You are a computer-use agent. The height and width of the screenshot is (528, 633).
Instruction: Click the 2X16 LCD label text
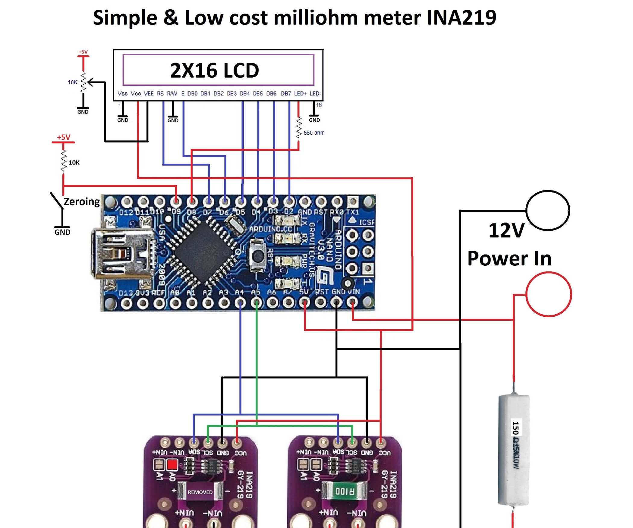215,70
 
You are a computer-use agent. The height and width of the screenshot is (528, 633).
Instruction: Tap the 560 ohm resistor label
314,133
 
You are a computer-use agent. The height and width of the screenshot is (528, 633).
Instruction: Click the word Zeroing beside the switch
82,201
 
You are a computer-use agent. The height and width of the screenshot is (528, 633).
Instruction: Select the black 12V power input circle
548,210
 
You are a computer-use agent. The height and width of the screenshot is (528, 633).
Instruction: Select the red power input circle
549,294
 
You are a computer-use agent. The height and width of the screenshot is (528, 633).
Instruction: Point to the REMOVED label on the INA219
200,492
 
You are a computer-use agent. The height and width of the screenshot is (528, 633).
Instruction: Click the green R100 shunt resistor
345,491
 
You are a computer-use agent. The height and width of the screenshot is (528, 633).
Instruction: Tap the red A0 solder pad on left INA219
172,464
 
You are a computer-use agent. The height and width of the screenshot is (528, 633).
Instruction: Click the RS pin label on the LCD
160,94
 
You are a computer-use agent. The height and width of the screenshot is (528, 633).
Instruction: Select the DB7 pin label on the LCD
286,94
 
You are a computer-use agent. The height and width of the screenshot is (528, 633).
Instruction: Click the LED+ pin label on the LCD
300,94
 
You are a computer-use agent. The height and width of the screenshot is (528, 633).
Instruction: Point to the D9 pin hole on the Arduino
176,201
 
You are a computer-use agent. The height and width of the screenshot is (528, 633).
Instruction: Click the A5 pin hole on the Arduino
256,302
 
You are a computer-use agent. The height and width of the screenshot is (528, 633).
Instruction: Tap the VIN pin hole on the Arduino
352,302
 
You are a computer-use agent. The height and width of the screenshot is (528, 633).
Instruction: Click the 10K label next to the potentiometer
73,82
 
